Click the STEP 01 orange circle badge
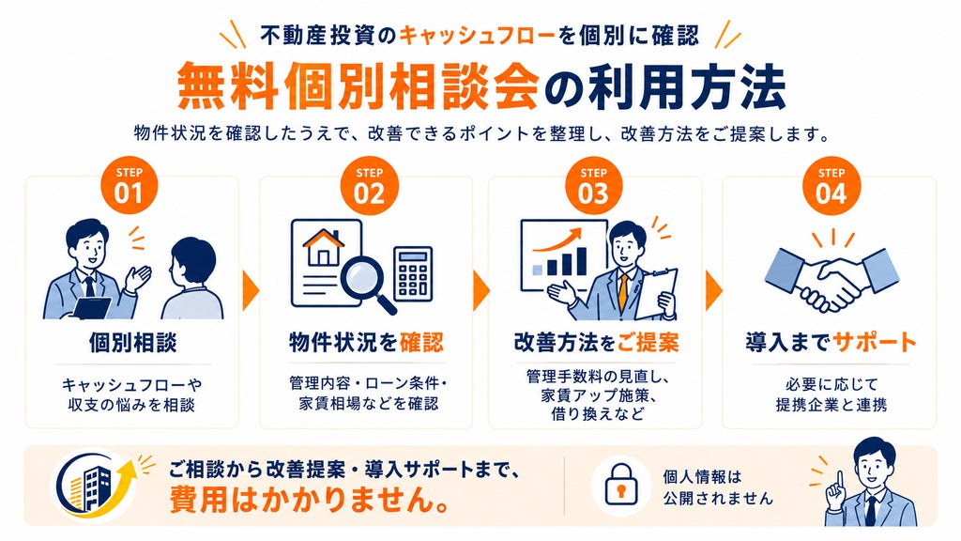pos(129,186)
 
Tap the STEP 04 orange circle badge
pos(831,186)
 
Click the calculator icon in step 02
pos(413,274)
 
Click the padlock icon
pos(621,486)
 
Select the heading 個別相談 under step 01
pos(132,342)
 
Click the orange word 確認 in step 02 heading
pos(421,342)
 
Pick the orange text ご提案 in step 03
pos(648,342)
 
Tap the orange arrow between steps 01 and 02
pos(251,290)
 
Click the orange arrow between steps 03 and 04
pos(714,290)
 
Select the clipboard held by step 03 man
pos(656,294)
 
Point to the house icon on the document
pos(324,247)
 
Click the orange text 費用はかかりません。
pos(308,500)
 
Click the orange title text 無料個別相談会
pos(358,85)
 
